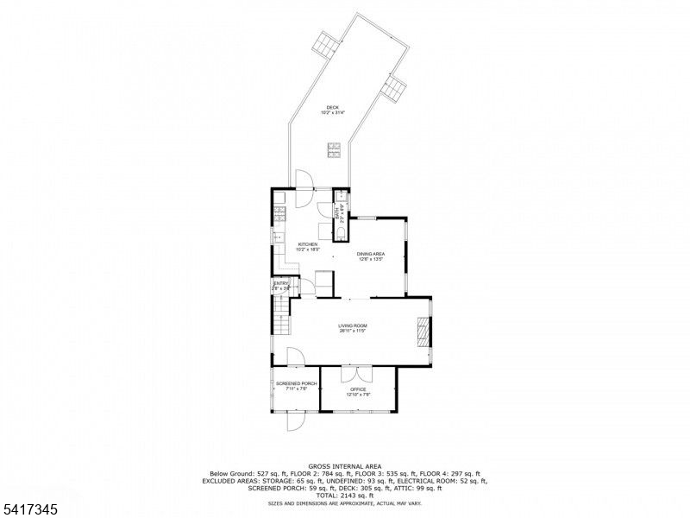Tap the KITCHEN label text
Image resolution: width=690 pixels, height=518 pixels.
[309, 244]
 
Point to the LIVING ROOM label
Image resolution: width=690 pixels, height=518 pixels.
[353, 325]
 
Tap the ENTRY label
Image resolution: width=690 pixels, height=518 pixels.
[281, 284]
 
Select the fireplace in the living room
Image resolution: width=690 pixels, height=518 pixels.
[423, 332]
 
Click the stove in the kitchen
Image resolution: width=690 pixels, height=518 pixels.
[279, 212]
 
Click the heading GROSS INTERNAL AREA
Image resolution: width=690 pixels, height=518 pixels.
[345, 466]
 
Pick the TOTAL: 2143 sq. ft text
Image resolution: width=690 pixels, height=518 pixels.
[345, 495]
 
